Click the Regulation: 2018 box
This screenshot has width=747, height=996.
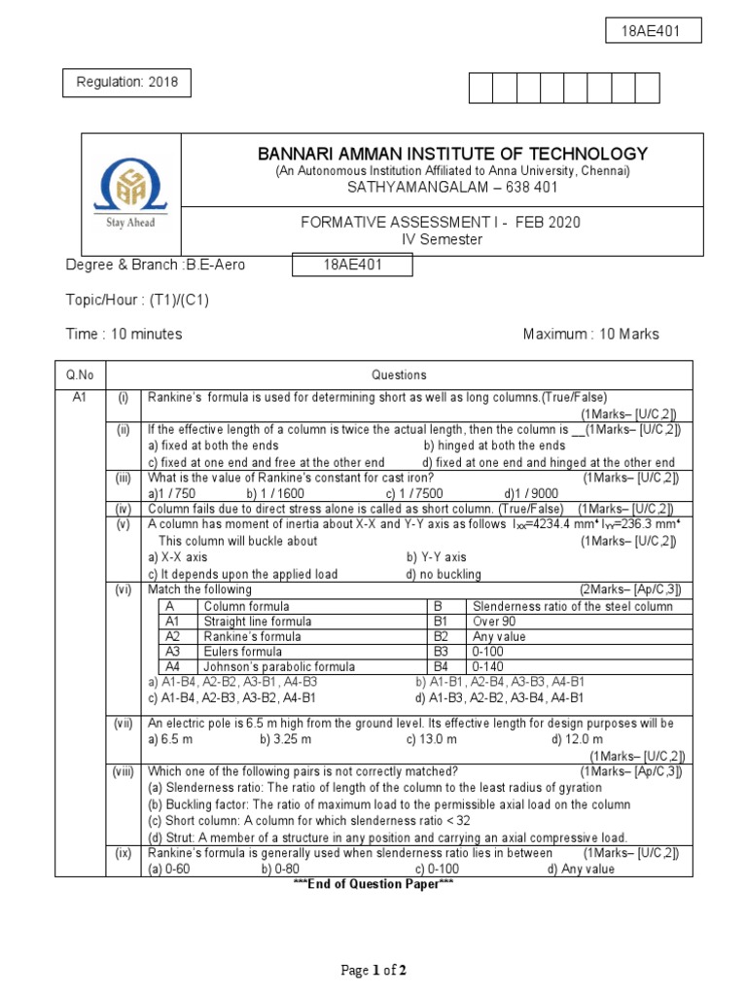pos(127,84)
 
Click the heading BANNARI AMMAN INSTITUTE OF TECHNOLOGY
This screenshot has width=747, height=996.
pos(451,154)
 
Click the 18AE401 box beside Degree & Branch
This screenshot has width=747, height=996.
pos(353,266)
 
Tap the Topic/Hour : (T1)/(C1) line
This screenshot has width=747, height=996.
pos(137,300)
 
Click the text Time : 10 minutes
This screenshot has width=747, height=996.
pos(124,334)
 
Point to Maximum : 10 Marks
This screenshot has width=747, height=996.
pos(590,334)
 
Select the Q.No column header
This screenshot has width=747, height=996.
pos(79,374)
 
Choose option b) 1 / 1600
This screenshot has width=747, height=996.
pos(275,493)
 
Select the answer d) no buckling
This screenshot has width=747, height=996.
pos(444,574)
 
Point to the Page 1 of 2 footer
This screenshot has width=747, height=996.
pos(373,970)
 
